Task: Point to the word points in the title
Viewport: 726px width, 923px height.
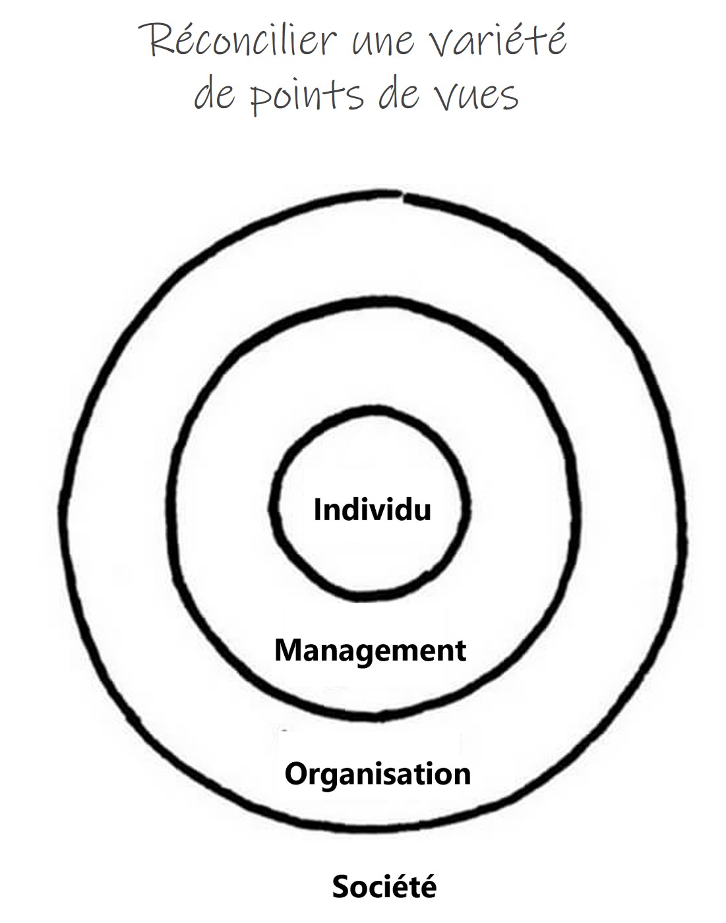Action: (307, 96)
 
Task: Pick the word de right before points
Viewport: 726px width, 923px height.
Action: (215, 96)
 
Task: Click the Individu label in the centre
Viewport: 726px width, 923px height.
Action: (372, 510)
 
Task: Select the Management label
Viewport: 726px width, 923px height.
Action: (370, 651)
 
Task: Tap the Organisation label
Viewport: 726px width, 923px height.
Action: (378, 773)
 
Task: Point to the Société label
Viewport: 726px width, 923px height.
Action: (384, 887)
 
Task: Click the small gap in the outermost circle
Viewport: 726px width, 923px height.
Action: (402, 194)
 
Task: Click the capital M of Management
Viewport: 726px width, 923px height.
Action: (286, 651)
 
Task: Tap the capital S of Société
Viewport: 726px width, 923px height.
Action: (340, 887)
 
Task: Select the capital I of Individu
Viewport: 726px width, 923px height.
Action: (317, 510)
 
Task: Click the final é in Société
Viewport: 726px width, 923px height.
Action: (428, 887)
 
